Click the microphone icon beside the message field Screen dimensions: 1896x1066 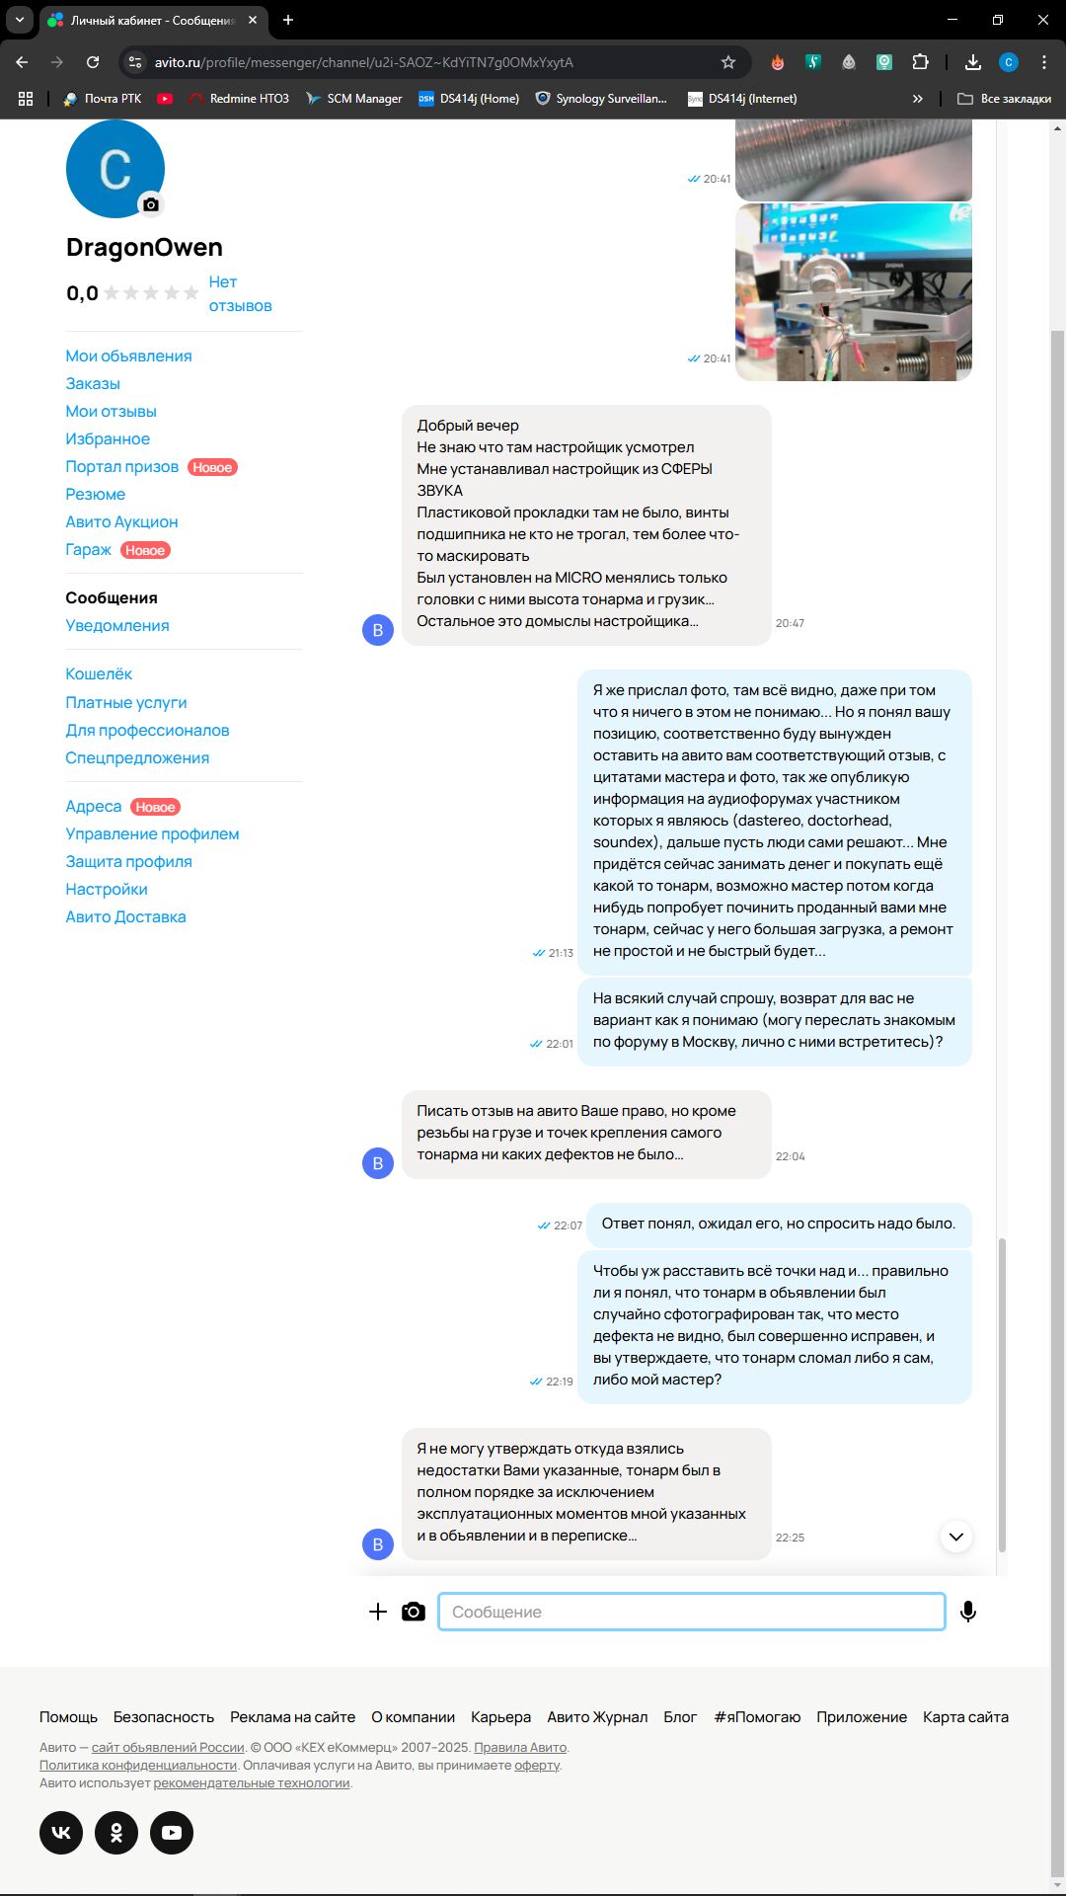[968, 1612]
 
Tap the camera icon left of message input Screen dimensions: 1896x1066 [414, 1612]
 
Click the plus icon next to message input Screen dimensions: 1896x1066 [377, 1612]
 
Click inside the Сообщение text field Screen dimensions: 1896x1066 [691, 1612]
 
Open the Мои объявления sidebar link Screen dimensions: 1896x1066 [128, 355]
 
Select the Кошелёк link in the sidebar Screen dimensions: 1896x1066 [99, 673]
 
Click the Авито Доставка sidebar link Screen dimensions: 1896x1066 [125, 916]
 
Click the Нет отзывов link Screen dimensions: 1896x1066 [240, 294]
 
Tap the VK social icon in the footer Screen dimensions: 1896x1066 [61, 1833]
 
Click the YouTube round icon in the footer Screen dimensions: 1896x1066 [172, 1833]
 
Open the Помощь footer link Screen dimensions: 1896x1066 [68, 1717]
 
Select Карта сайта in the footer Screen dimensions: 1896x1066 [965, 1717]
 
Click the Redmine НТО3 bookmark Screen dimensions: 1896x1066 [239, 99]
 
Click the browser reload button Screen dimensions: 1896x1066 [93, 62]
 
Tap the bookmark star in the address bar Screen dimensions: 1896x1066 [728, 62]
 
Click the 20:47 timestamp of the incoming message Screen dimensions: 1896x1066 [790, 623]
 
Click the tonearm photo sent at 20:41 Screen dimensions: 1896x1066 [854, 292]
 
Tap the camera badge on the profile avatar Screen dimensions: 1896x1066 [150, 204]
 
